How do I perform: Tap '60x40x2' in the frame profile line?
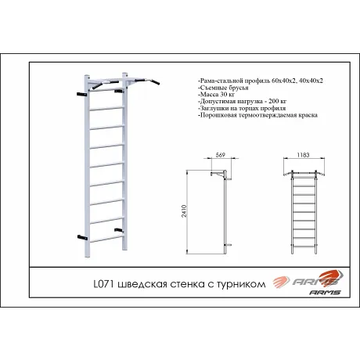click(x=264, y=81)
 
